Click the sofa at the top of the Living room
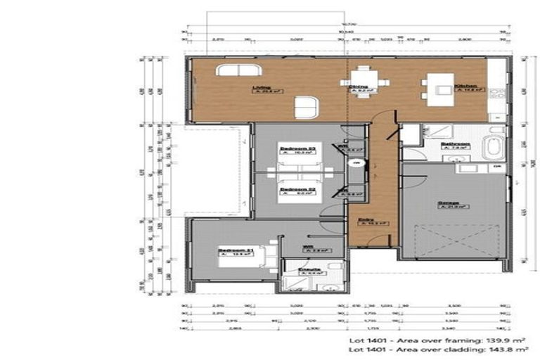(238, 70)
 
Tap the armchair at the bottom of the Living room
(307, 107)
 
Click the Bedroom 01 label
(232, 250)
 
